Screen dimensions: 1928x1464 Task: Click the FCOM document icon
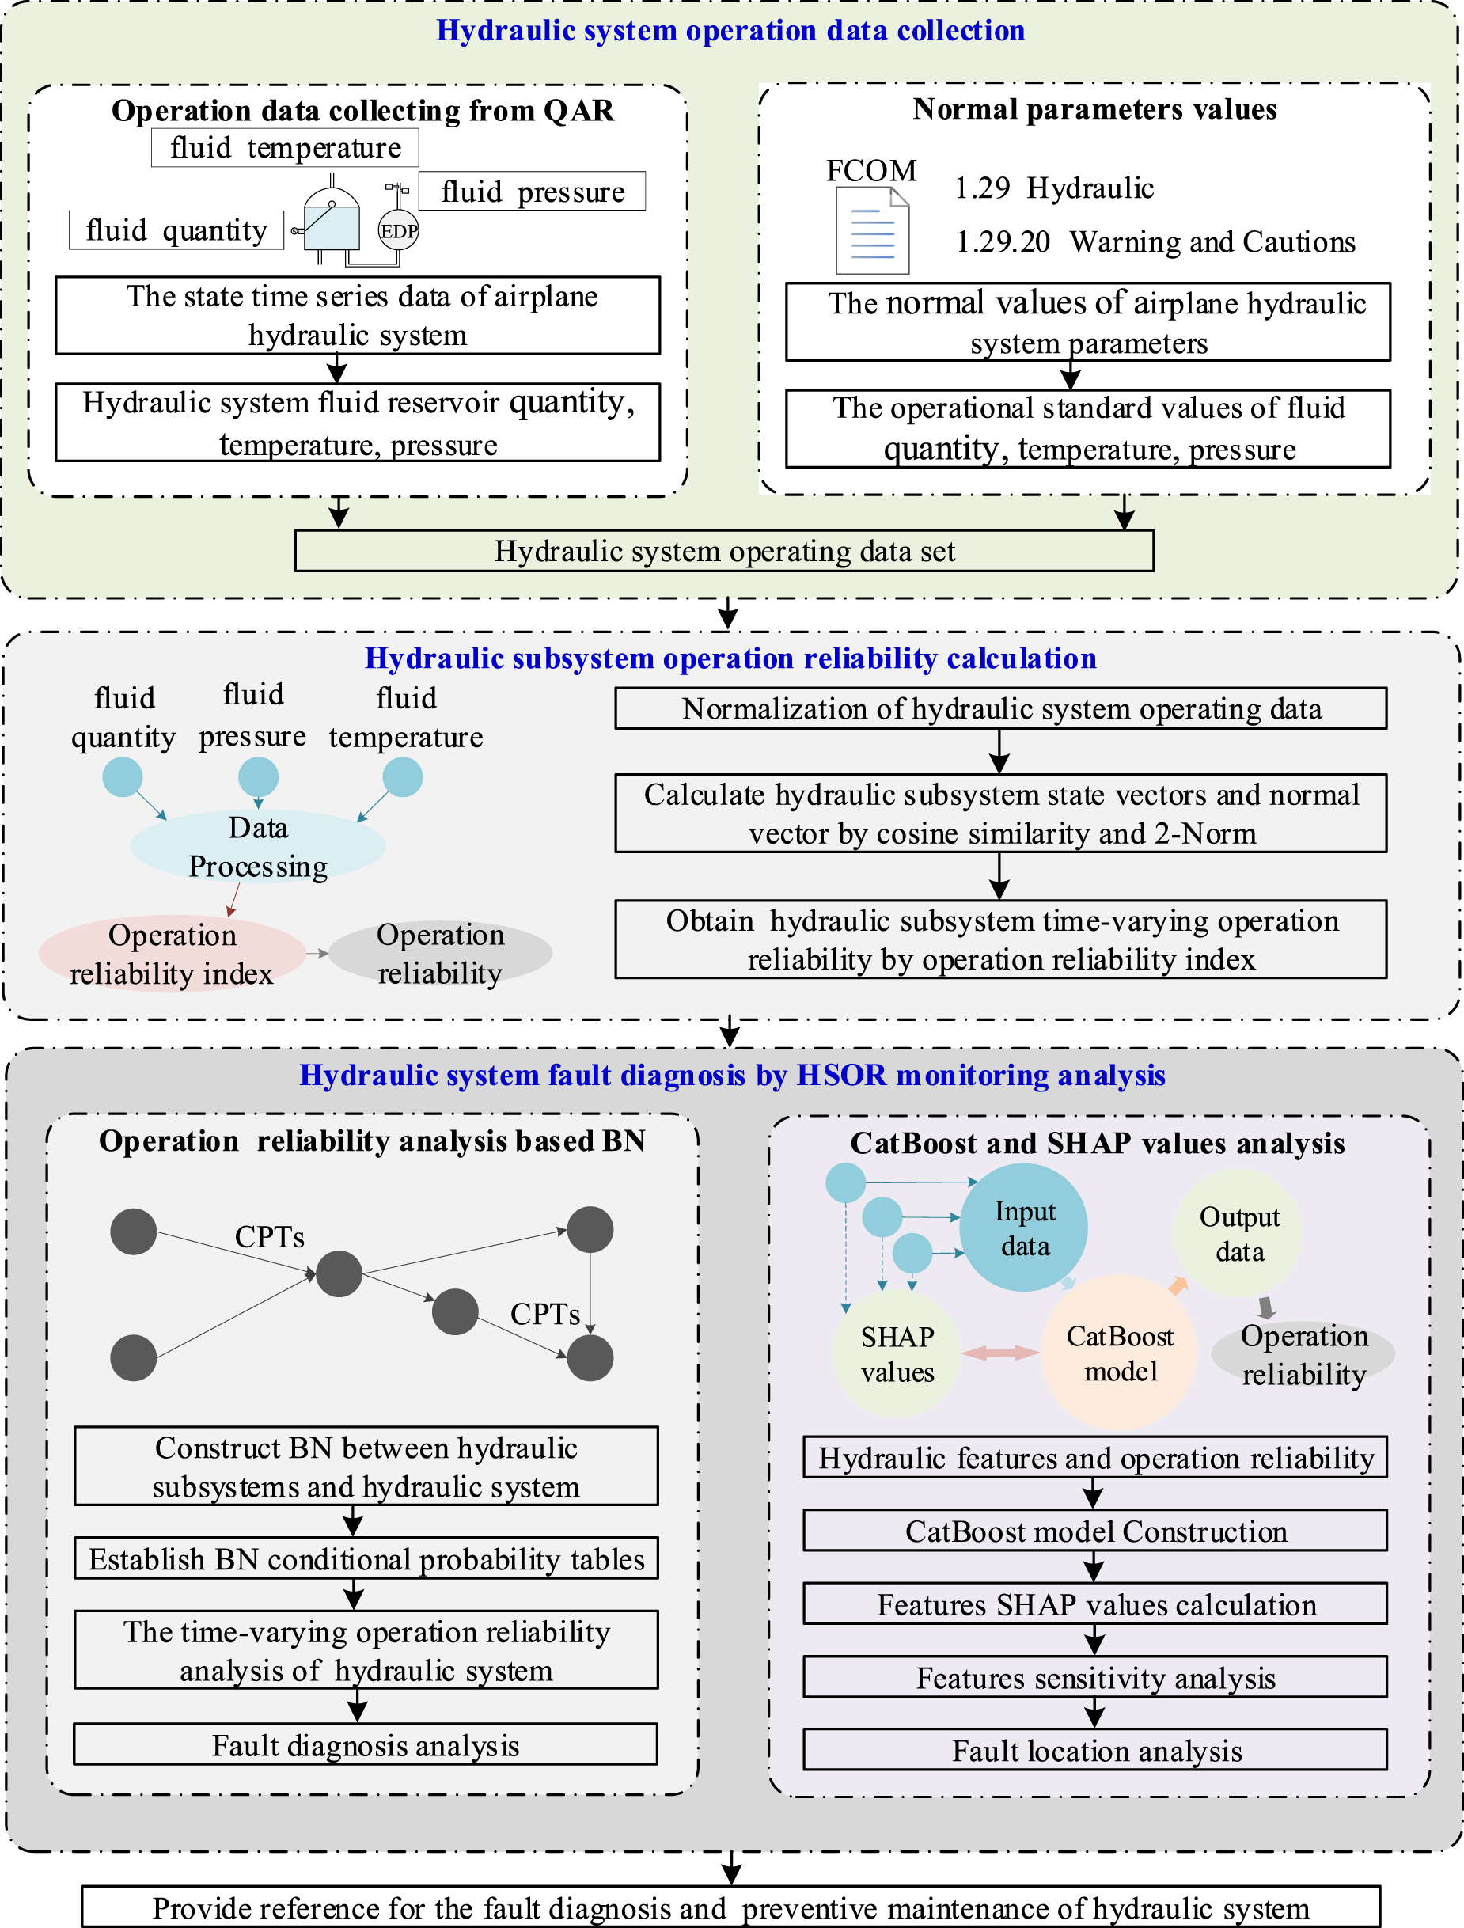(872, 232)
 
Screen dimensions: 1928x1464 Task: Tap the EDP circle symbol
(398, 231)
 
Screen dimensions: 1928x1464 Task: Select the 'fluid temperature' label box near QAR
(284, 147)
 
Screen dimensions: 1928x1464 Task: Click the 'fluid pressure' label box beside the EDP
(532, 191)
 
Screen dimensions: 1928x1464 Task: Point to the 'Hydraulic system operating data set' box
(723, 551)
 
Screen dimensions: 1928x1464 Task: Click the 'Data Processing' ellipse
(258, 846)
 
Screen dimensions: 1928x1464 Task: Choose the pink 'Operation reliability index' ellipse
(172, 954)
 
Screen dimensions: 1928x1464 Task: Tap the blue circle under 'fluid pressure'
(258, 776)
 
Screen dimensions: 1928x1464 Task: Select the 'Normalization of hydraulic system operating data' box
(999, 708)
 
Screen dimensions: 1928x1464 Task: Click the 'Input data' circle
(1024, 1228)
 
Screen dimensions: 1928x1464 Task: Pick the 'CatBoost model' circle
(1119, 1353)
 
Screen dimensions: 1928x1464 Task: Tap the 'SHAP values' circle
(896, 1353)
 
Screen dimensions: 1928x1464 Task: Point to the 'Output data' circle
(1238, 1233)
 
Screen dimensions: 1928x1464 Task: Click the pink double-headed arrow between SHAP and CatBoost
(1000, 1353)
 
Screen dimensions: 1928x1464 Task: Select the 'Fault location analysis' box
(1094, 1750)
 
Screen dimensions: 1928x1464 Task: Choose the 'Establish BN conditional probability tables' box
(366, 1559)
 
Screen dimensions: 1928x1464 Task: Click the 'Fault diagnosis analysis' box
(365, 1745)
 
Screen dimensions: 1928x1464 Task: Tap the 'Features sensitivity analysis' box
(1094, 1677)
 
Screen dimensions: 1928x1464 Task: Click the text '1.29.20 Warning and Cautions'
(1155, 241)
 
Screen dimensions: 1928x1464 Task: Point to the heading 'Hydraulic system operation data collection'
(730, 31)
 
